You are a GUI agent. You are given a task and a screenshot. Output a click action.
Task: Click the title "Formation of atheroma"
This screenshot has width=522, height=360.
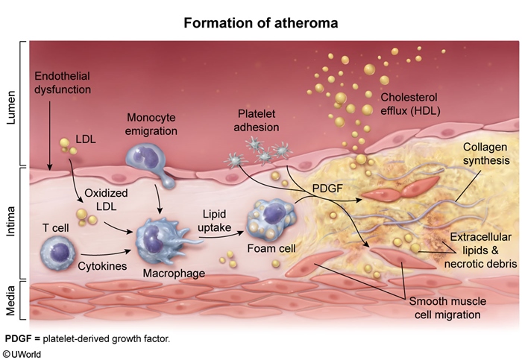point(261,22)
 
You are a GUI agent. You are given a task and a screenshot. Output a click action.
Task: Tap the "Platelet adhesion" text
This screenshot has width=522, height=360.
point(258,120)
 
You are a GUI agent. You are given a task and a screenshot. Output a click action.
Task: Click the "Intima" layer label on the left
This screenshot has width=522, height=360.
point(13,223)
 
